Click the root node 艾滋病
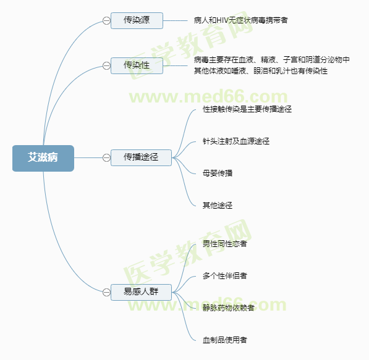(43, 158)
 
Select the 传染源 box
(137, 21)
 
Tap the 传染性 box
(137, 65)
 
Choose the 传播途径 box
(141, 157)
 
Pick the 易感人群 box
(141, 292)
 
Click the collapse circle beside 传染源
(106, 21)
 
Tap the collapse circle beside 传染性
(106, 65)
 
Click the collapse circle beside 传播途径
(106, 157)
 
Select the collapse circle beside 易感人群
(106, 292)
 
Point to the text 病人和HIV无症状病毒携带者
(240, 20)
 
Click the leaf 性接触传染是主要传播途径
(247, 109)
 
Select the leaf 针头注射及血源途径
(236, 141)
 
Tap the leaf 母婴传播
(218, 174)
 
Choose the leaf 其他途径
(218, 206)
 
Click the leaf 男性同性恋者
(225, 244)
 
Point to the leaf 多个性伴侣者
(225, 275)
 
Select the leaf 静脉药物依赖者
(229, 308)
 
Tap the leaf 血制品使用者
(225, 340)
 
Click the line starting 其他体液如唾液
(261, 71)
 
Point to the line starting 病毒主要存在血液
(272, 60)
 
